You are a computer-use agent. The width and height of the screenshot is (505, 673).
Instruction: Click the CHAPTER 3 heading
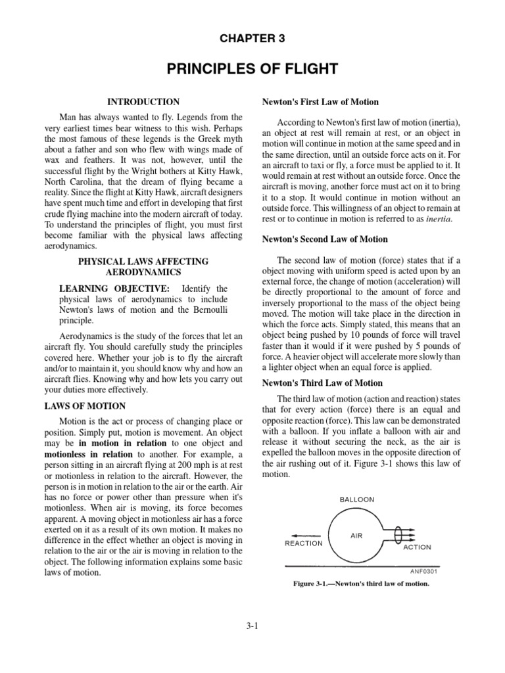coord(252,39)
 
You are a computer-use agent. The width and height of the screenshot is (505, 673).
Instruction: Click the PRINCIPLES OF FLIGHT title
coord(252,69)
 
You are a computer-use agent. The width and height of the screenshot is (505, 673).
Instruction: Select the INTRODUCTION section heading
coord(143,102)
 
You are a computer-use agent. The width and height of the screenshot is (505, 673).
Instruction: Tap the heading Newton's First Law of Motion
coord(320,102)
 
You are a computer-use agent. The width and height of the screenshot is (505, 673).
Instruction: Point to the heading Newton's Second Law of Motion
coord(325,239)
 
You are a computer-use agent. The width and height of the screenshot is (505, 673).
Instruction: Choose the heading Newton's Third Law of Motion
coord(322,383)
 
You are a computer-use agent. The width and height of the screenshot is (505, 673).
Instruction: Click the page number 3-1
coord(252,626)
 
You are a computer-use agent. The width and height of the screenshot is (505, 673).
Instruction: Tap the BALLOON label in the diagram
coord(356,499)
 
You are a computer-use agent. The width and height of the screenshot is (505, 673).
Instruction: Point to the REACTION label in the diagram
coord(303,544)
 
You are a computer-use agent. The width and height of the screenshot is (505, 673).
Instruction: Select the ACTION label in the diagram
coord(416,547)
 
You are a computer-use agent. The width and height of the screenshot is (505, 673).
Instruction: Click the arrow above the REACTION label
coord(304,534)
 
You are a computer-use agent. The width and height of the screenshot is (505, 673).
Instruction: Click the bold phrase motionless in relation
coord(97,455)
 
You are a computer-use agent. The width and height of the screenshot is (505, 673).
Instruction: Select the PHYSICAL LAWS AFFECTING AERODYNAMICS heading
coord(143,266)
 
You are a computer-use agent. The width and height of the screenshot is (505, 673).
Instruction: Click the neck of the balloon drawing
coord(393,535)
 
